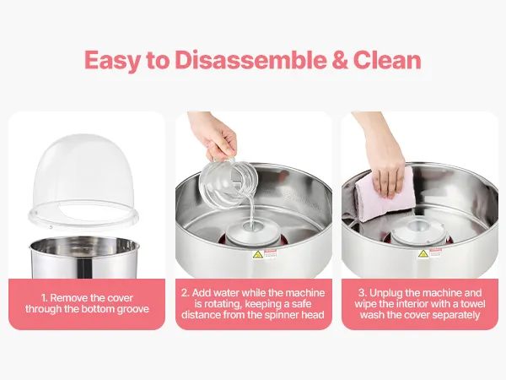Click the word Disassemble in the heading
[x=251, y=60]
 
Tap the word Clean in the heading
[x=387, y=60]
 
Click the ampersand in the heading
[x=340, y=61]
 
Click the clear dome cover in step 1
[x=83, y=181]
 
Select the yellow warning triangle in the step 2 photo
[x=257, y=255]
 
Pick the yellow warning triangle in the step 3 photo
[x=423, y=254]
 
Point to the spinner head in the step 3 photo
[x=419, y=231]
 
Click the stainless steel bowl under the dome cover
[x=84, y=258]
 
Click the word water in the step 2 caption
[x=227, y=293]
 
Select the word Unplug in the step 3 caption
[x=385, y=293]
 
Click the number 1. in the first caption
[x=45, y=298]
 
